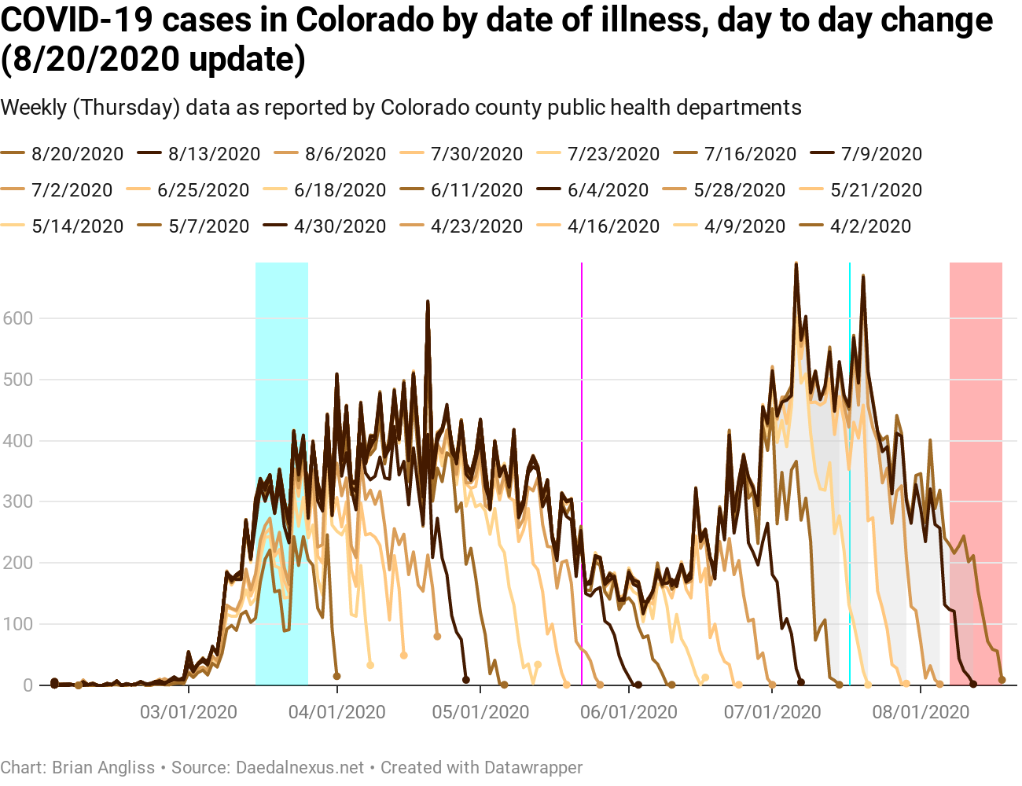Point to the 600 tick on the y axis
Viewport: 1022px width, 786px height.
(17, 318)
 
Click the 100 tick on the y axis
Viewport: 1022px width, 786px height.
(17, 624)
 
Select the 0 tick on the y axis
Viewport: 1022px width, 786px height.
(28, 685)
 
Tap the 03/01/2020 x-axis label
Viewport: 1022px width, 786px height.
(189, 712)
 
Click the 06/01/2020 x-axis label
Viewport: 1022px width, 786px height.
(629, 712)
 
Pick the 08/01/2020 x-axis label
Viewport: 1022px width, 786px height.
(921, 712)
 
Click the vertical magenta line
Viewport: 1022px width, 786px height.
(582, 472)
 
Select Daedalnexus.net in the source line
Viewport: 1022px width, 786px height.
(300, 768)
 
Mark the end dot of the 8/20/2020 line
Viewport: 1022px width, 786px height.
(1002, 680)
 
